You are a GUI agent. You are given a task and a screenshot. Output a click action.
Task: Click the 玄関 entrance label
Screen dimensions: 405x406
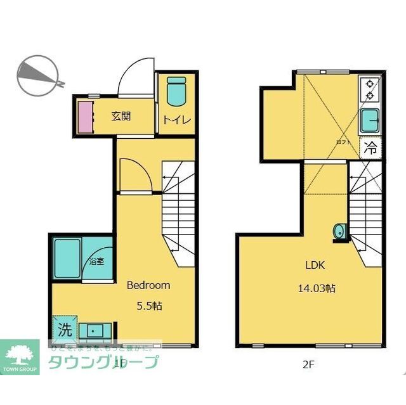click(121, 116)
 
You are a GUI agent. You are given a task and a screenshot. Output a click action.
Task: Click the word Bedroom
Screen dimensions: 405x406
click(148, 285)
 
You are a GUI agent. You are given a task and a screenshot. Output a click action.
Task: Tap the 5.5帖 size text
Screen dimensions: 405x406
click(150, 305)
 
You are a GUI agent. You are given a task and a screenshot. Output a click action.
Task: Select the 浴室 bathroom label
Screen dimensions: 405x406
click(96, 260)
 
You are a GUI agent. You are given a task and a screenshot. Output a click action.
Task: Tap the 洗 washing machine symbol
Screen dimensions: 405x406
click(65, 330)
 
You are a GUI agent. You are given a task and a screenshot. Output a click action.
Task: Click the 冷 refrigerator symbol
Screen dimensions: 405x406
click(371, 149)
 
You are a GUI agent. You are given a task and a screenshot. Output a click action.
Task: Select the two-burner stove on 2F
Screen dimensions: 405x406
click(369, 89)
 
